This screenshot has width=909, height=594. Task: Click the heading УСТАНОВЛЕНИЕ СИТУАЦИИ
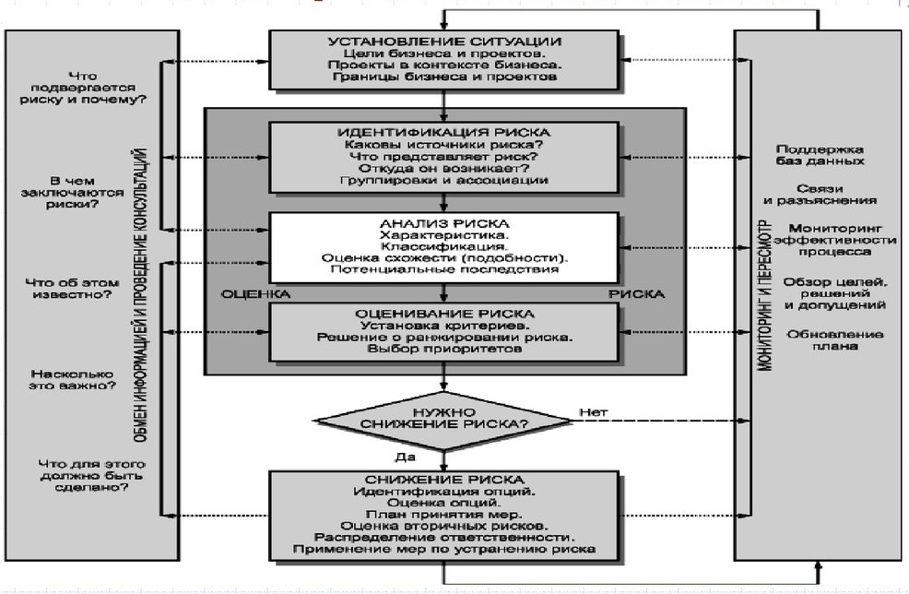[x=444, y=42]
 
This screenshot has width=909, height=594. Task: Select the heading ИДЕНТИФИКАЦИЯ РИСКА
[x=444, y=133]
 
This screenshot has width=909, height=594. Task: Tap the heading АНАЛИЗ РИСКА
[x=444, y=224]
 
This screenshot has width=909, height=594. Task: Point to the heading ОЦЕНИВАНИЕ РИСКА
[x=444, y=314]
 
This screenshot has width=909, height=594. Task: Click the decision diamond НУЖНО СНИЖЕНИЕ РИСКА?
[x=444, y=420]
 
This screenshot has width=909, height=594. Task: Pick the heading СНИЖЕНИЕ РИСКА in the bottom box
[x=444, y=480]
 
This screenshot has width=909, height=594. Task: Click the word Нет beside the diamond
[x=594, y=412]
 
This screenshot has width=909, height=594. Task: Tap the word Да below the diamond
[x=406, y=457]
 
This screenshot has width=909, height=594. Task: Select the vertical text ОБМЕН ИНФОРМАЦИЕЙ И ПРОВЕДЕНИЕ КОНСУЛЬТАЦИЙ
[x=141, y=295]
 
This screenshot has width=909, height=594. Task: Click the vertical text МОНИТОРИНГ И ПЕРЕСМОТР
[x=765, y=295]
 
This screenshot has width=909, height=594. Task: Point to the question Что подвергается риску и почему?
[x=84, y=88]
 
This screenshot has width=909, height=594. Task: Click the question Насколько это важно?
[x=73, y=380]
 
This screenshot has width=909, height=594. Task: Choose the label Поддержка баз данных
[x=820, y=156]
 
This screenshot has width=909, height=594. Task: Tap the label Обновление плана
[x=835, y=340]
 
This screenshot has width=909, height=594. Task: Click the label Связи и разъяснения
[x=820, y=195]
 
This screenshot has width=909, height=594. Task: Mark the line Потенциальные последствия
[x=444, y=269]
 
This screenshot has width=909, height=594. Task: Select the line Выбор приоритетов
[x=444, y=349]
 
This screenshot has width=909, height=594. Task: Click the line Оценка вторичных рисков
[x=444, y=526]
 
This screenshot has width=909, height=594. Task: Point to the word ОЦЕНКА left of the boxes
[x=255, y=294]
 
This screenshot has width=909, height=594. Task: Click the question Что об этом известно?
[x=73, y=289]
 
